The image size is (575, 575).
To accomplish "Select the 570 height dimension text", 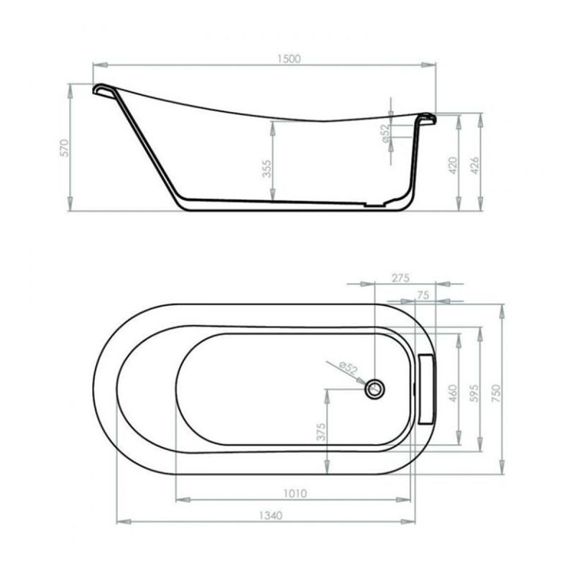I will point(64,148).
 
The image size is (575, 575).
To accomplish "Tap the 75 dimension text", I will point(422,294).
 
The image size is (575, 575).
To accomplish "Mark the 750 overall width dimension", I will point(494,392).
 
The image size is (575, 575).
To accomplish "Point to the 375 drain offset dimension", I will point(321,431).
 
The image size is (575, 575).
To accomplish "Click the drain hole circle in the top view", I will point(374,389).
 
